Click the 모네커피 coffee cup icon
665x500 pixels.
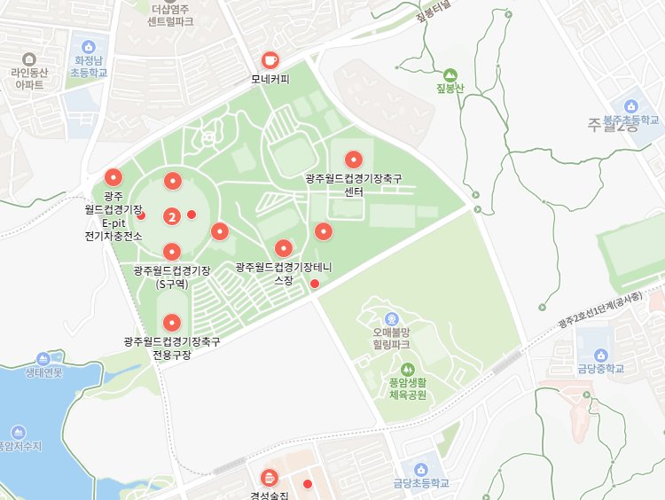tap(270, 60)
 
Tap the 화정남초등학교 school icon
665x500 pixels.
tap(88, 47)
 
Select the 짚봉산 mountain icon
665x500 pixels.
tap(450, 74)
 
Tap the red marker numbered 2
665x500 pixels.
tap(172, 215)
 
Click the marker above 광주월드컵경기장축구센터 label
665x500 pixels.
tap(354, 160)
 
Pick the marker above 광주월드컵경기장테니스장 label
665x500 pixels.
tap(283, 248)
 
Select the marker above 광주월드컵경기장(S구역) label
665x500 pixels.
tap(172, 251)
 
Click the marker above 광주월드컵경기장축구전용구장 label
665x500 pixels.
tap(172, 323)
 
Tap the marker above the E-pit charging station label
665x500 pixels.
tap(113, 176)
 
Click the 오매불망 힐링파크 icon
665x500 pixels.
tap(391, 318)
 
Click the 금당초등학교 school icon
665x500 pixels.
tap(421, 470)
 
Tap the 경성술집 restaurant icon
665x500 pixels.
tap(269, 479)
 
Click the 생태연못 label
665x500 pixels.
tap(44, 373)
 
